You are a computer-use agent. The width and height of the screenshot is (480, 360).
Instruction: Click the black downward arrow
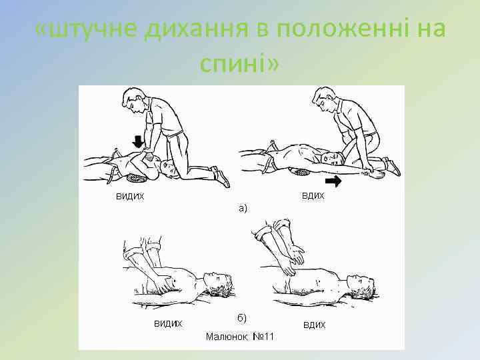point(139,141)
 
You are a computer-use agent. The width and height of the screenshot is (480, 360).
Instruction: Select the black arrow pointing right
point(333,181)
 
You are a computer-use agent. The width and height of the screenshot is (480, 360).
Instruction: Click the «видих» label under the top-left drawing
point(130,196)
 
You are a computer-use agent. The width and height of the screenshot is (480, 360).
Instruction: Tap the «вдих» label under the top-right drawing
point(313,196)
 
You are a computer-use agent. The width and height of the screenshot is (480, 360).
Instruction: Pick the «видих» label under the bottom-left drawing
point(168,323)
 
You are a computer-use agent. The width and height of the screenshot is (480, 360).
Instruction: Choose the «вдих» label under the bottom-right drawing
point(314,325)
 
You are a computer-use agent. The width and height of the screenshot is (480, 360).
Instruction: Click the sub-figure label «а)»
point(243,209)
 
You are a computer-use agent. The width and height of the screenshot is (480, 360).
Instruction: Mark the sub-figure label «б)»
point(242,318)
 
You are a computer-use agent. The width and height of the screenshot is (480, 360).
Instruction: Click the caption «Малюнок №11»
point(240,337)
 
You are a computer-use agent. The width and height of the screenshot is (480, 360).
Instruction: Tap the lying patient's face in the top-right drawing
point(331,157)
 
